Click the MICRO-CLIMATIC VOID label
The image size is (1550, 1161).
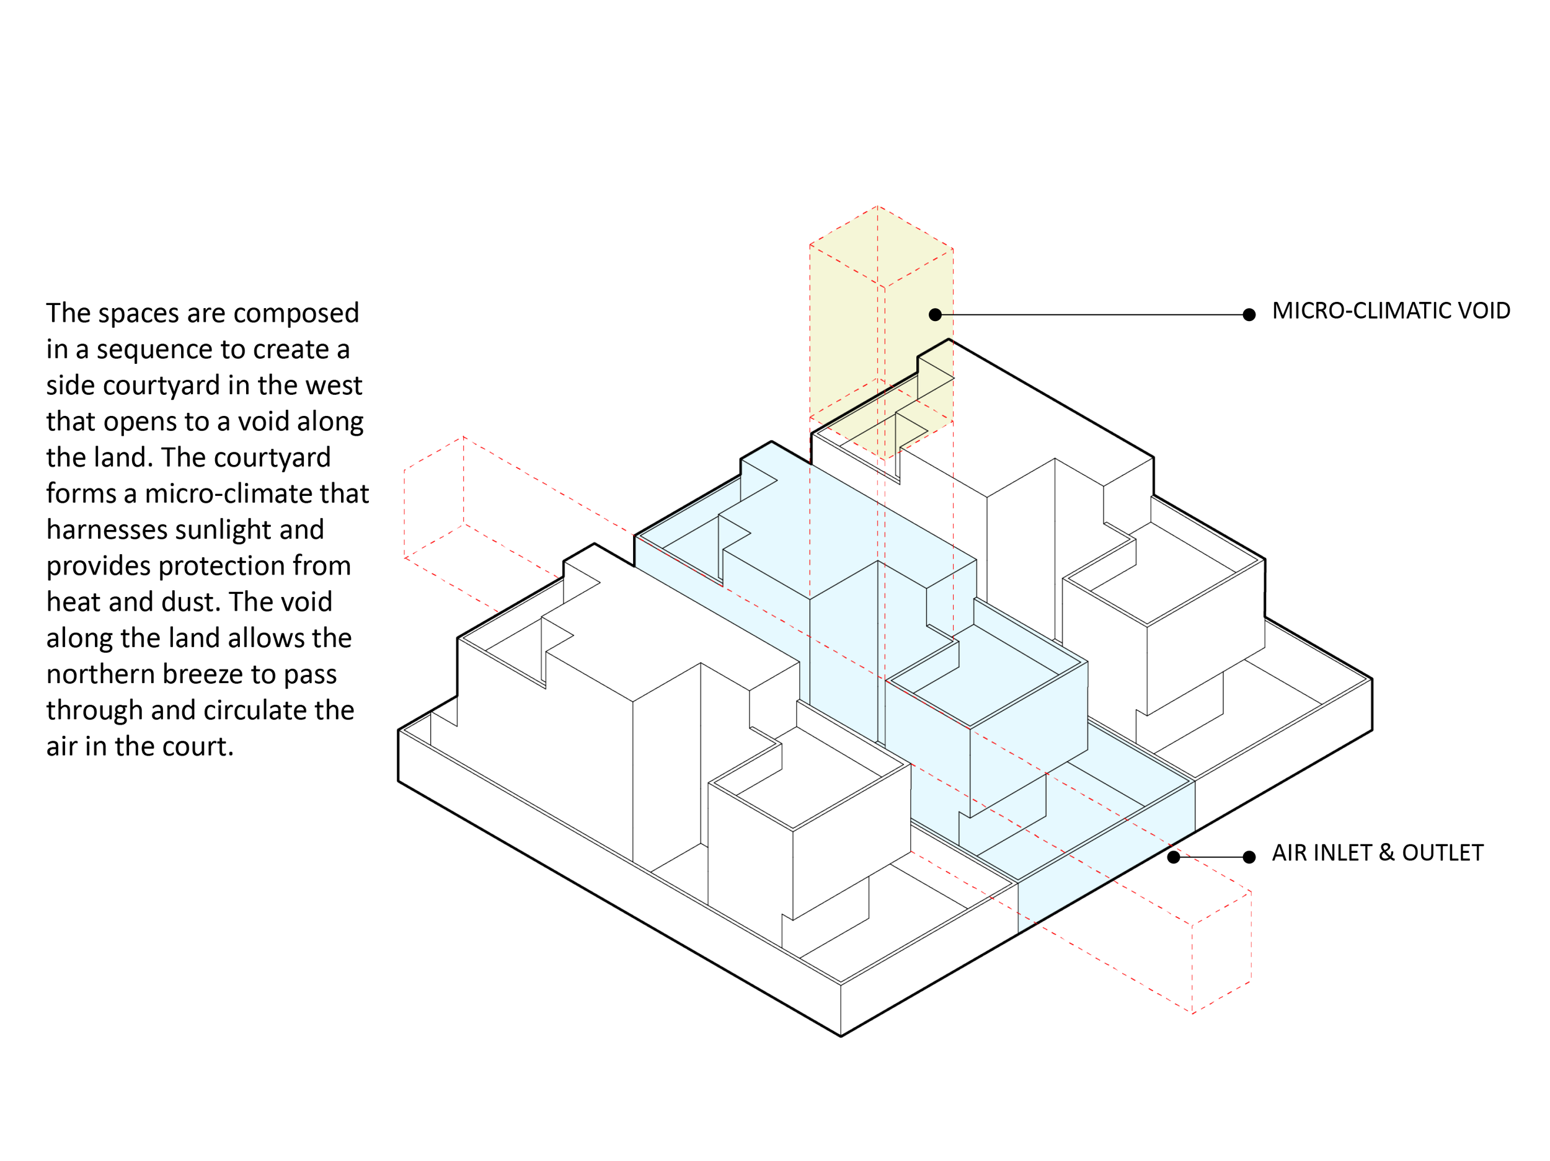tap(1390, 311)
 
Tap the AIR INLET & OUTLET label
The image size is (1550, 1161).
tap(1377, 853)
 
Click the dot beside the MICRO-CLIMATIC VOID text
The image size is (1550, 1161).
tap(1249, 315)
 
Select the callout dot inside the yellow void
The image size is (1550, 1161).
tap(935, 315)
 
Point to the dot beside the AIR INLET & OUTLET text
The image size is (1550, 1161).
tap(1249, 857)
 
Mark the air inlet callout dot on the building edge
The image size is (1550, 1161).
tap(1174, 857)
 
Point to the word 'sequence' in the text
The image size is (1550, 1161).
tap(154, 350)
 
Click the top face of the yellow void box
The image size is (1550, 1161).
tap(880, 247)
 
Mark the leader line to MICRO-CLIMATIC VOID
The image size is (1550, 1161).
tap(1092, 315)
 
